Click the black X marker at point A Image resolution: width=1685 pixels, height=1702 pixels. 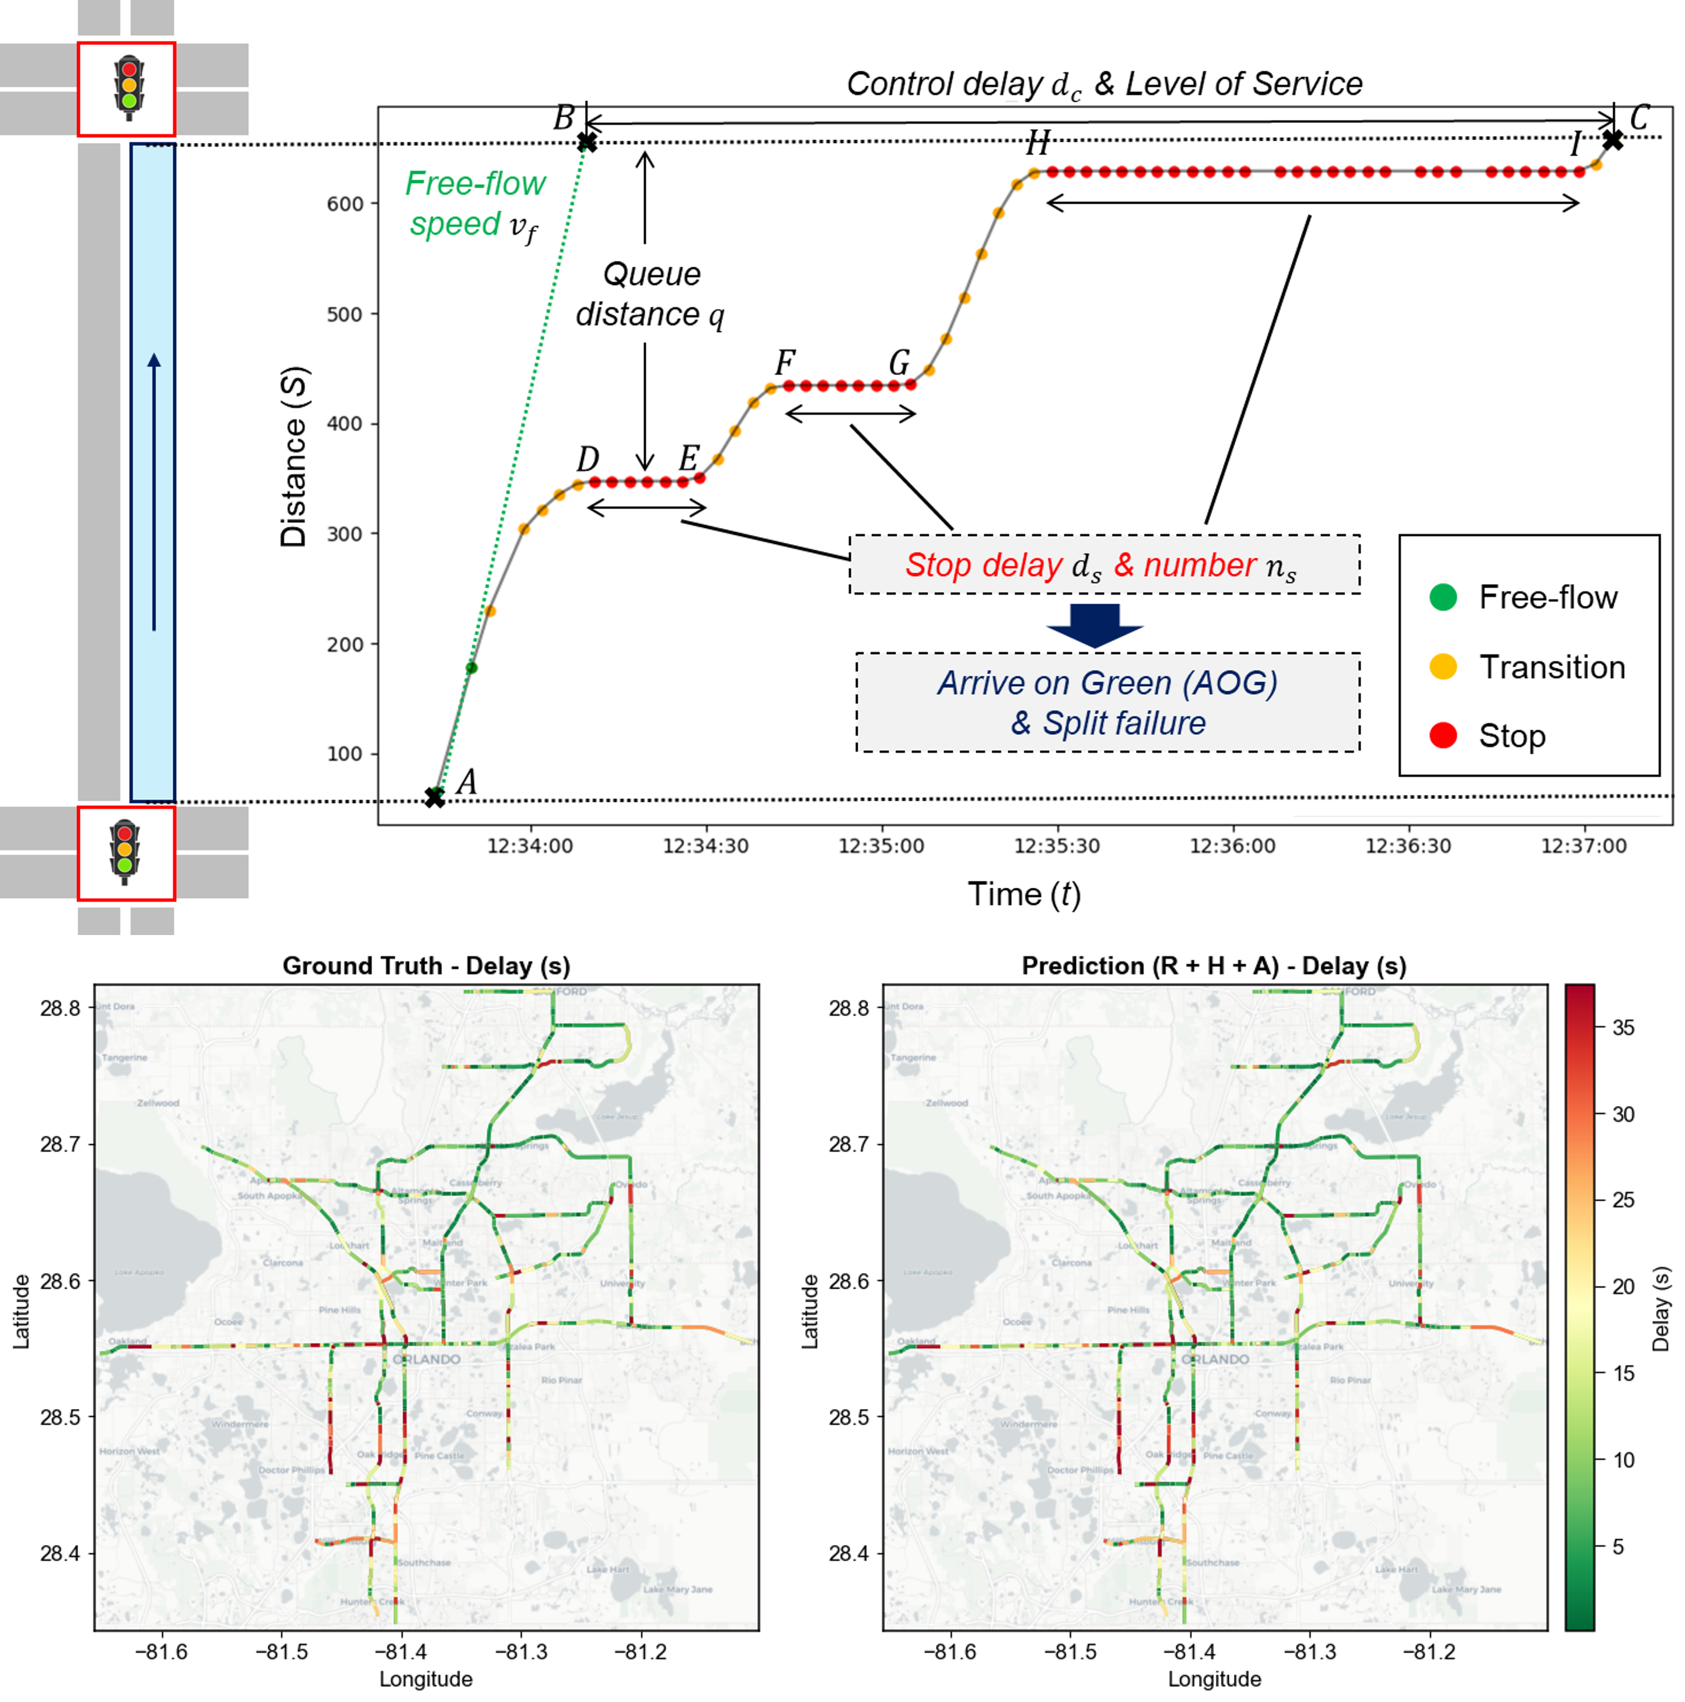pyautogui.click(x=434, y=796)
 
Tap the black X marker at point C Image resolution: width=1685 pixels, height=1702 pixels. pyautogui.click(x=1612, y=139)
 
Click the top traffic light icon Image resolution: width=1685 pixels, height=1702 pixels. pyautogui.click(x=128, y=87)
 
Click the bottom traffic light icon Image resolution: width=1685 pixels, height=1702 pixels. pyautogui.click(x=125, y=852)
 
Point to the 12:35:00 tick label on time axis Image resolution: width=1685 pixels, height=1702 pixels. pyautogui.click(x=881, y=846)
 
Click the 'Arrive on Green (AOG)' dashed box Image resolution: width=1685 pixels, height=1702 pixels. pyautogui.click(x=1107, y=702)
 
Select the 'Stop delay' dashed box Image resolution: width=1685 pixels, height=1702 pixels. pyautogui.click(x=1104, y=564)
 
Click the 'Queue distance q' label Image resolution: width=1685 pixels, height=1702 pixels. pyautogui.click(x=650, y=294)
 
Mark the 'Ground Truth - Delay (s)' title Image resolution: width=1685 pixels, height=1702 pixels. pyautogui.click(x=427, y=965)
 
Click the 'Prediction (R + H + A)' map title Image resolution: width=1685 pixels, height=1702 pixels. pyautogui.click(x=1214, y=965)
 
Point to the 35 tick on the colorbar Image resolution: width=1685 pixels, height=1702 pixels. pyautogui.click(x=1623, y=1027)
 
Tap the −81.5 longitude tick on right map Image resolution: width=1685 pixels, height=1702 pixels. pyautogui.click(x=1070, y=1651)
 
